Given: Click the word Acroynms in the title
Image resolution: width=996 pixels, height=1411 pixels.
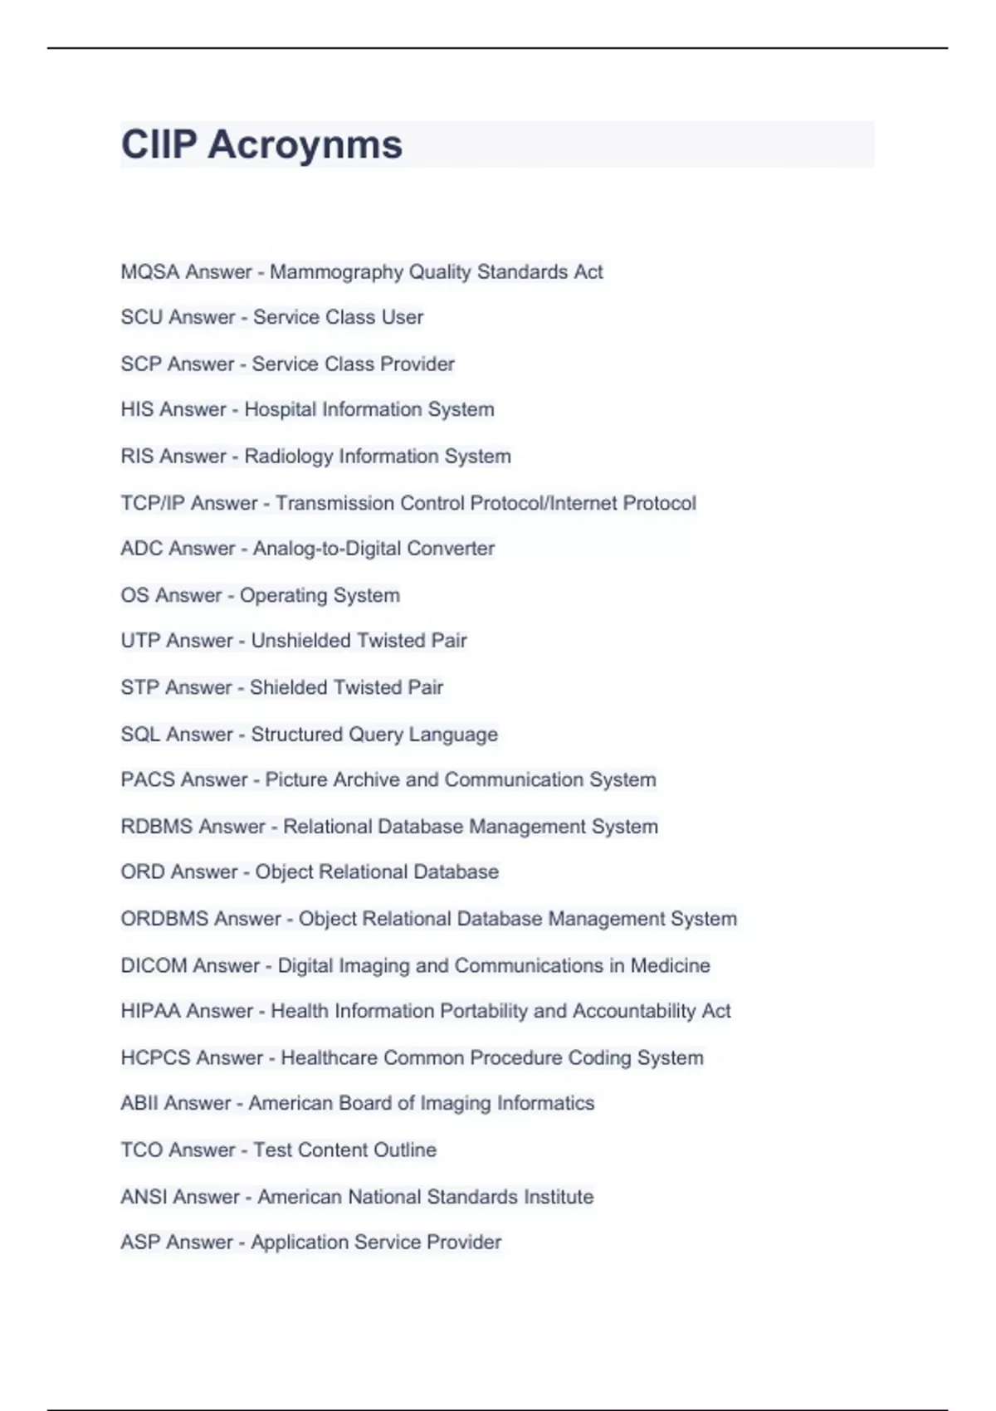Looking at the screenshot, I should tap(305, 145).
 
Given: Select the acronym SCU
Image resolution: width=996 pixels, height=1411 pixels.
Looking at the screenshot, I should tap(141, 317).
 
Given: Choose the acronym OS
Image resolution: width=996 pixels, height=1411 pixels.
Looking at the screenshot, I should tap(134, 595).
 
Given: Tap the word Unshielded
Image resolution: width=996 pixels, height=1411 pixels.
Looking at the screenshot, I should tap(301, 641).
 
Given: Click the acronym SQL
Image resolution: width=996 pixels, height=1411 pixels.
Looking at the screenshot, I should tap(140, 735).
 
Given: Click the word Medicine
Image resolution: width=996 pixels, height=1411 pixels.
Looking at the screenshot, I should tap(670, 965).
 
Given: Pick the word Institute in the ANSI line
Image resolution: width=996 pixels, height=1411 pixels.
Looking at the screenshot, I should tap(557, 1197).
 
